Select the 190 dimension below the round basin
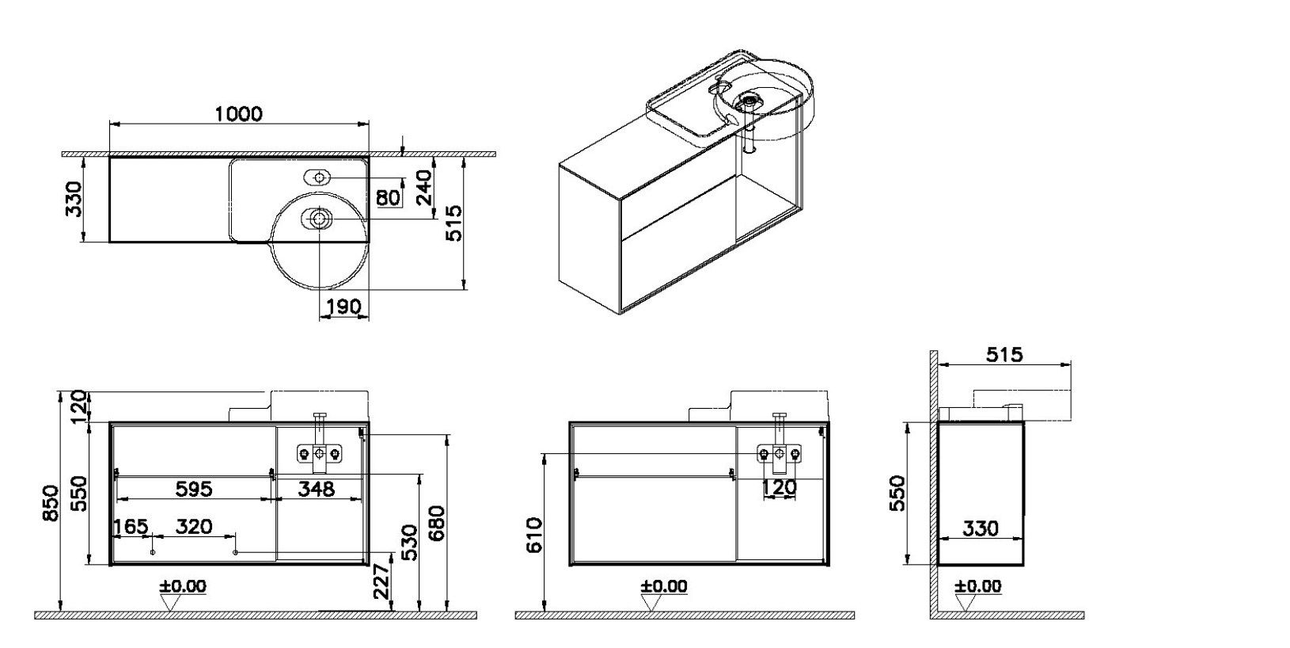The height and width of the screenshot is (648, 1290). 343,307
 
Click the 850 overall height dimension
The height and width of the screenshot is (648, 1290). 50,504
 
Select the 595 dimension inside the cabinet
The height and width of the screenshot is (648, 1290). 194,489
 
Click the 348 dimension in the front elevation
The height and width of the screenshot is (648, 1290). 316,489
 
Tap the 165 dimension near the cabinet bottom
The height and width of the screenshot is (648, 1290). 131,527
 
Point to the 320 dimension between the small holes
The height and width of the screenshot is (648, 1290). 194,527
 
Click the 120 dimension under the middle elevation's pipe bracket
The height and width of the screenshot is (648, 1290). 780,488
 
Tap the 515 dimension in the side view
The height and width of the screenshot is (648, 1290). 1004,354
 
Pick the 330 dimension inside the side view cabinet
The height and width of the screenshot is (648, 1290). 981,528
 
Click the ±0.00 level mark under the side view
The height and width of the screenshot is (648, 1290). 978,587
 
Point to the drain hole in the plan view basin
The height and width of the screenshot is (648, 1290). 319,216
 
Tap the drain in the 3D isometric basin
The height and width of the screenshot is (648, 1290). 748,100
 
